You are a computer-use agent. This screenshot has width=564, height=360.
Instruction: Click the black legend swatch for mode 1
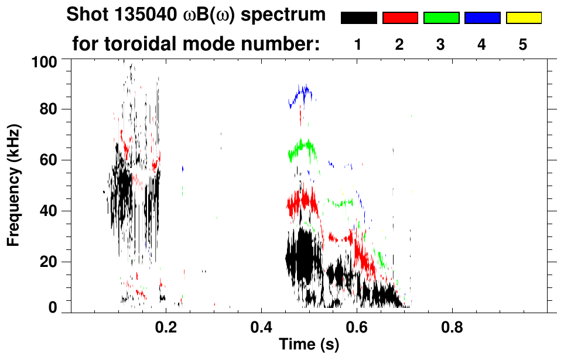[358, 18]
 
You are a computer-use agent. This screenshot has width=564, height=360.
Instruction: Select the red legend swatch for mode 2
[400, 18]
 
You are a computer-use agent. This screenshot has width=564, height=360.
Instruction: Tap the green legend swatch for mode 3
[441, 18]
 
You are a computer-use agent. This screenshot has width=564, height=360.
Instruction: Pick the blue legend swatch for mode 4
[482, 18]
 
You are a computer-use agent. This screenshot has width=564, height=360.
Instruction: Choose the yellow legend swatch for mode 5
[524, 18]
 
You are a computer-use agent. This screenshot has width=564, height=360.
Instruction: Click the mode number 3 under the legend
[441, 44]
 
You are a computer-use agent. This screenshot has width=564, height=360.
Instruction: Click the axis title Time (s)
[309, 344]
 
